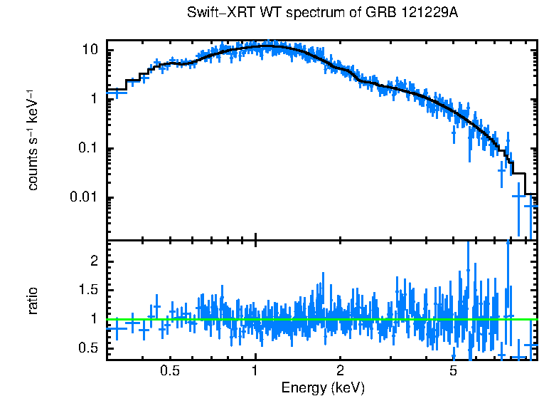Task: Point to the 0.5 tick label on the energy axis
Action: [169, 372]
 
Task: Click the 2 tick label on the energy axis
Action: [340, 372]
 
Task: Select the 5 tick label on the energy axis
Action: [453, 372]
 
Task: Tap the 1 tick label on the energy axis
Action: [255, 372]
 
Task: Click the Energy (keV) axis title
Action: [323, 387]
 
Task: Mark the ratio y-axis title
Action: [32, 301]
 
